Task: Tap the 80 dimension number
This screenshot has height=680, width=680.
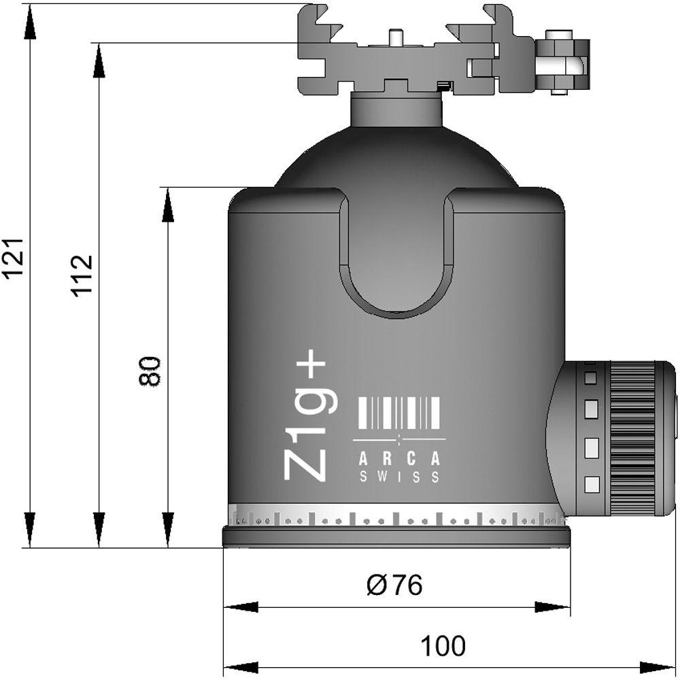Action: click(150, 371)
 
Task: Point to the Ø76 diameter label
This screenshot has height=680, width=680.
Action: click(394, 584)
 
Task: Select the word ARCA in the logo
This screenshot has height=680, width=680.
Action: click(399, 459)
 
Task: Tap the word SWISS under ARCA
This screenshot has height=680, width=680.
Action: click(399, 477)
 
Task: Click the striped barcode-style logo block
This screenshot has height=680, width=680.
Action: click(399, 412)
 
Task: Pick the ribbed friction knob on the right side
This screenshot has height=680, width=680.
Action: click(631, 438)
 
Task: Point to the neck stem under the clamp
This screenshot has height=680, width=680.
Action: click(396, 109)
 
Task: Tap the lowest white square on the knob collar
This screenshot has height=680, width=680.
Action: click(592, 484)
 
